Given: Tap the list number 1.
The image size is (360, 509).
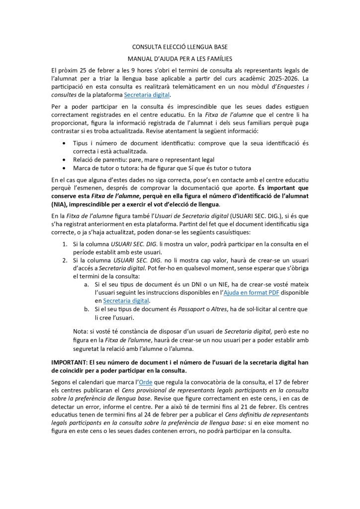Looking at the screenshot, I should click(65, 244).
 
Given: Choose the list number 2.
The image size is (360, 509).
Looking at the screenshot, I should click(65, 260).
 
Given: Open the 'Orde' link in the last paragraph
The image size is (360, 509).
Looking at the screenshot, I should click(145, 382).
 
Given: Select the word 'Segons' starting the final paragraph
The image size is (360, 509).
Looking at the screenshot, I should click(63, 382).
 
